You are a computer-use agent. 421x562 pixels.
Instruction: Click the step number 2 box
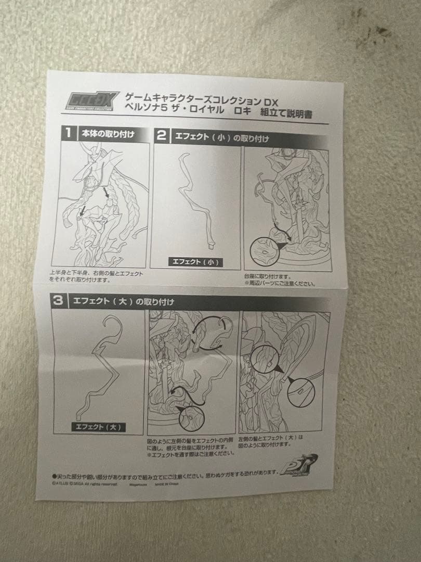(x=162, y=136)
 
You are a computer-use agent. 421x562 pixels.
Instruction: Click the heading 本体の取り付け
(x=107, y=134)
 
